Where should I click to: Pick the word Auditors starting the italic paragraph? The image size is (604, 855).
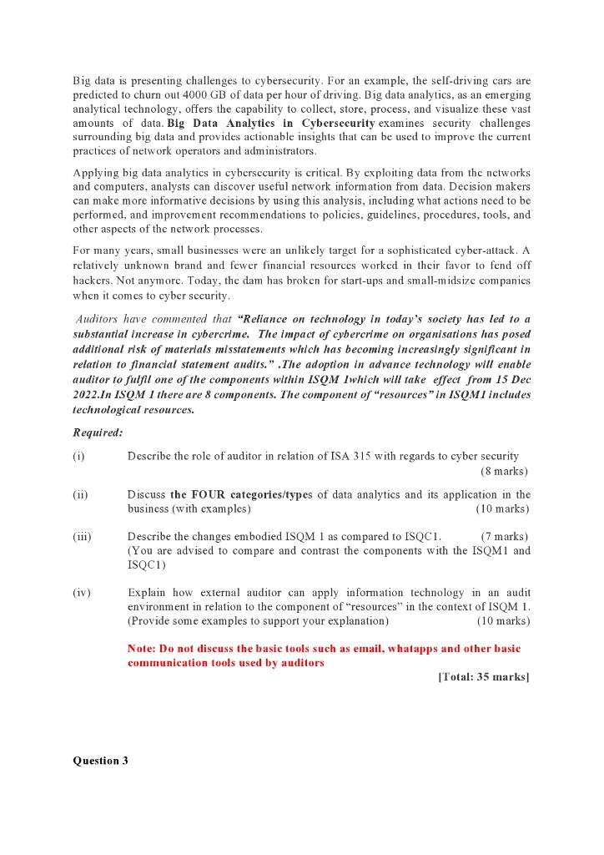[x=98, y=319]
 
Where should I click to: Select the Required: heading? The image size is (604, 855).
[x=98, y=433]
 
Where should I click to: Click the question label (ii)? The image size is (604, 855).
[x=80, y=494]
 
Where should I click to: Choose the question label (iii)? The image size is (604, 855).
[x=82, y=536]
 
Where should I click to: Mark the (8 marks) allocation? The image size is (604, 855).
[x=505, y=471]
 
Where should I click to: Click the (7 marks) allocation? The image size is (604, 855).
[x=505, y=536]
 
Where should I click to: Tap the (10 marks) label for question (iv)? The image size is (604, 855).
[x=503, y=621]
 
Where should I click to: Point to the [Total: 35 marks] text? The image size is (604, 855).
[x=483, y=676]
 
